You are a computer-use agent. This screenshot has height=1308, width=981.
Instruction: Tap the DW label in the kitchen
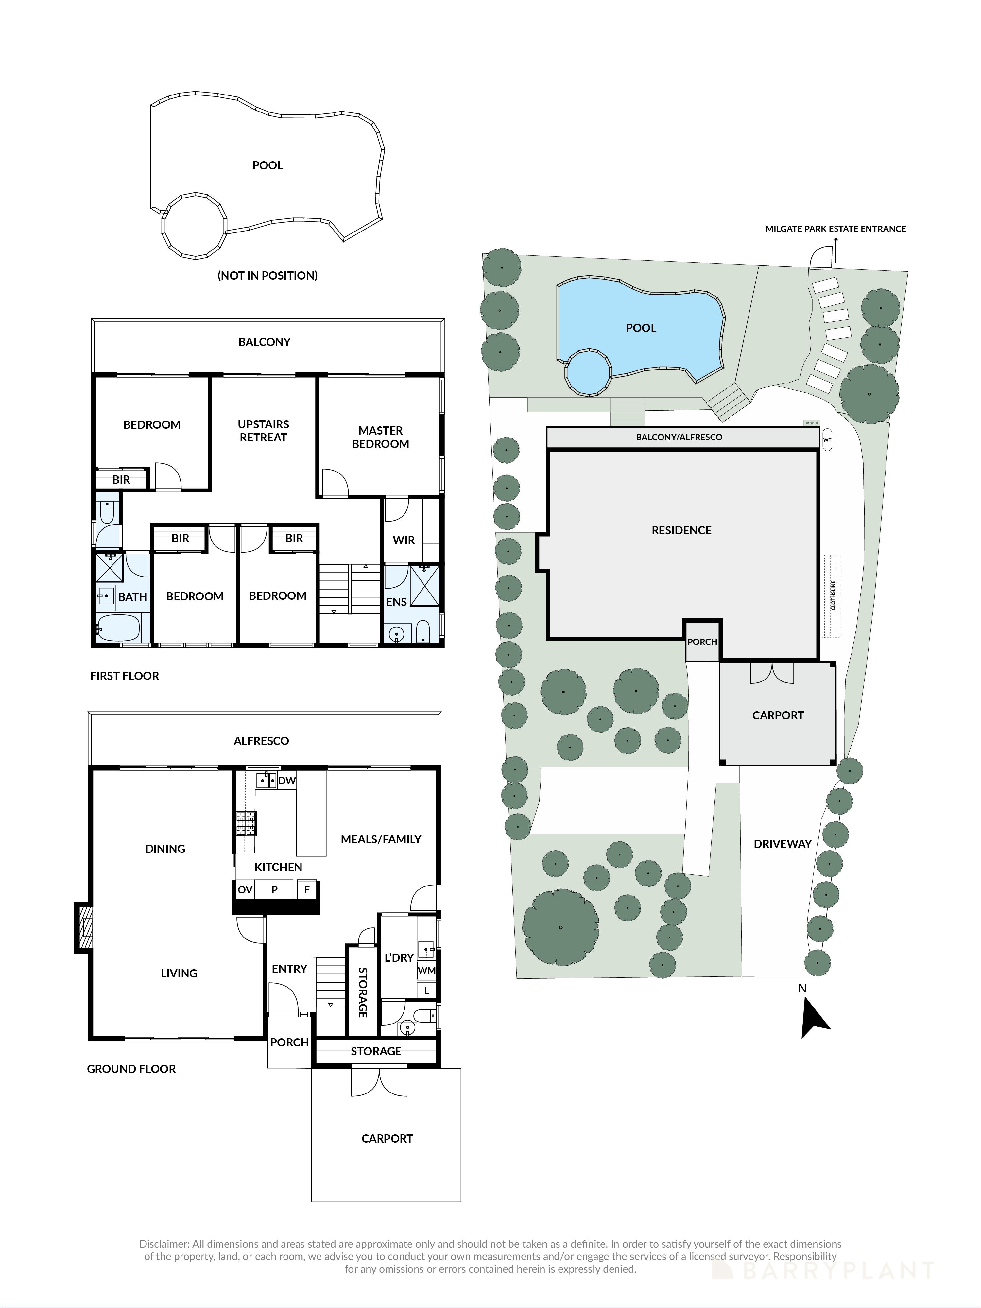(287, 781)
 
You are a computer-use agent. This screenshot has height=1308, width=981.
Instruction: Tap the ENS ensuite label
(396, 602)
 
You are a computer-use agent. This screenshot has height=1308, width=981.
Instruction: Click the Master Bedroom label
(380, 437)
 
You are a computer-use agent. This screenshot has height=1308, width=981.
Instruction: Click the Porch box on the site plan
(702, 642)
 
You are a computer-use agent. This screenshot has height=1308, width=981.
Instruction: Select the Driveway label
(782, 844)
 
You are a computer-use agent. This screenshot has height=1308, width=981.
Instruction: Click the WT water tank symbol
(827, 440)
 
